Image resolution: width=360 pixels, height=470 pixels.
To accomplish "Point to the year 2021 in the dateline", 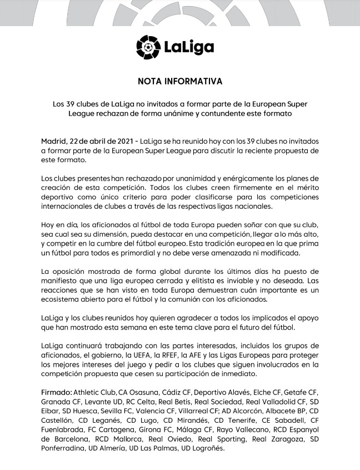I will [x=122, y=141].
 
